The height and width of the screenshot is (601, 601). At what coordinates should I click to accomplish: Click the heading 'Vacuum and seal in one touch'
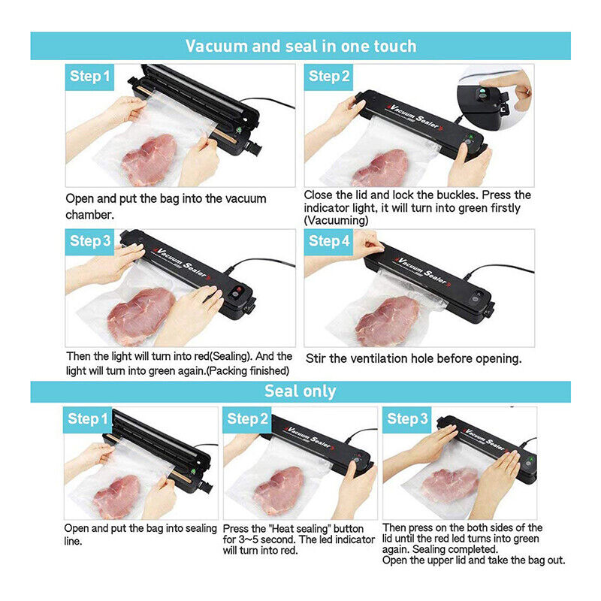300,46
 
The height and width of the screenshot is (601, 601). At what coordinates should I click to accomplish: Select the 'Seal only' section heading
300,391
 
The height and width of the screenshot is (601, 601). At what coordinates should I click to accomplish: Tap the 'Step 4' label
329,241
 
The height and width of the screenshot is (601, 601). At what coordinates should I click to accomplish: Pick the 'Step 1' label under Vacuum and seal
90,76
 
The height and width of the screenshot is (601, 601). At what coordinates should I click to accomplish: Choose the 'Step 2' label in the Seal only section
246,418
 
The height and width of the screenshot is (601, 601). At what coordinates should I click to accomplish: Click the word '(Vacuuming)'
336,220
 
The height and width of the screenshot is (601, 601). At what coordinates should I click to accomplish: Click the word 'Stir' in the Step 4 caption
317,358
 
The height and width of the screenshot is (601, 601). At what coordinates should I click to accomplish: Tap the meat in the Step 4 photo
387,316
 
